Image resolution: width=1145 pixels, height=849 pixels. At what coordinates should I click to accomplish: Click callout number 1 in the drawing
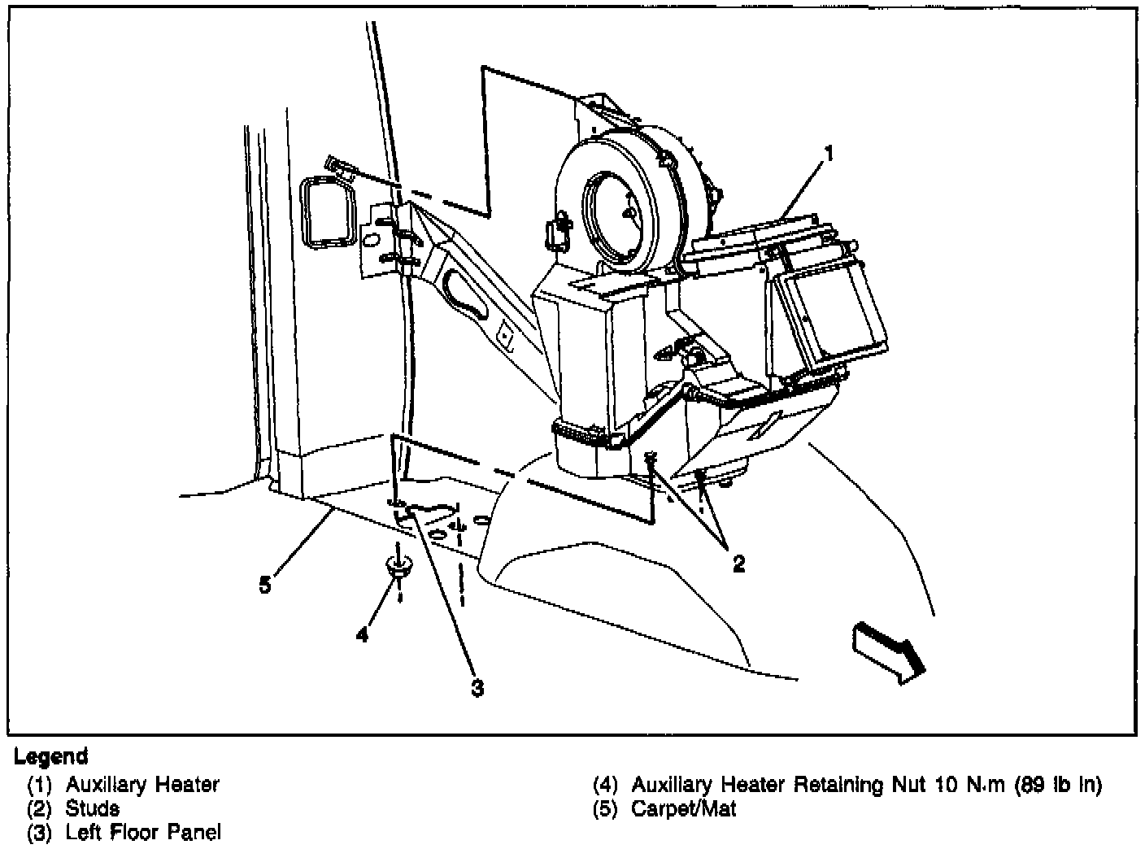click(828, 152)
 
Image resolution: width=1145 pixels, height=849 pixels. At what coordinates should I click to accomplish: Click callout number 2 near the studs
click(738, 563)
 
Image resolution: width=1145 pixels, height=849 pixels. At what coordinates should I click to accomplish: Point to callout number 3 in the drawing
click(477, 688)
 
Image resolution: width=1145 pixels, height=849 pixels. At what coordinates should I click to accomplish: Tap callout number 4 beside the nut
click(362, 633)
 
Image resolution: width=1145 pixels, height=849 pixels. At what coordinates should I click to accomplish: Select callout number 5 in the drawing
click(265, 584)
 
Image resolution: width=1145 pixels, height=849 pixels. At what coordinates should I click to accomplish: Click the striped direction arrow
click(890, 648)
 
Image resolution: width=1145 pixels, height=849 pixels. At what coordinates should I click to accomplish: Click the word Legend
click(50, 757)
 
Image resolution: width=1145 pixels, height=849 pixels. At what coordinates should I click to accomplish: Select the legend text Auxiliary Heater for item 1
click(142, 785)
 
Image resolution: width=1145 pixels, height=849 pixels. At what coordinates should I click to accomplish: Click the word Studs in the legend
click(93, 808)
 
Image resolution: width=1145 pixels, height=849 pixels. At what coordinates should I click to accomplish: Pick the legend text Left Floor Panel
click(143, 832)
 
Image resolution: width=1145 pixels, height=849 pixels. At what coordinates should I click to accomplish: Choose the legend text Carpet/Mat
click(683, 809)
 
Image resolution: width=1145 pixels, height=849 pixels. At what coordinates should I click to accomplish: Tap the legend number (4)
click(606, 786)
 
